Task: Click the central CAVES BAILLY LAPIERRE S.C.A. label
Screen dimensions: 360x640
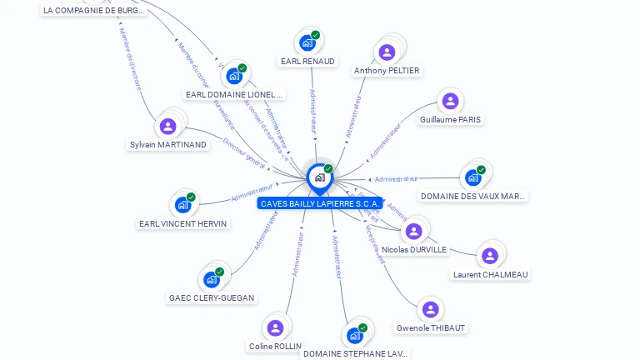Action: coord(320,203)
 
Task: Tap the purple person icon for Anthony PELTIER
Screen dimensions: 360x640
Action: coord(387,52)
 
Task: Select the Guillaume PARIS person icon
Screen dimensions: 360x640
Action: coord(450,102)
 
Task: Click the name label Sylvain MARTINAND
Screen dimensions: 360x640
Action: coord(167,144)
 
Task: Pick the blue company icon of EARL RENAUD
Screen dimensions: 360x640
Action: coord(307,42)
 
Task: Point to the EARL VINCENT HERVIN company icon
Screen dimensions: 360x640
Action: coord(182,205)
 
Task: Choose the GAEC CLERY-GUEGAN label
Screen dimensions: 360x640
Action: coord(212,297)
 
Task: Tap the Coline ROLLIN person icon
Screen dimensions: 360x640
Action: coord(275,327)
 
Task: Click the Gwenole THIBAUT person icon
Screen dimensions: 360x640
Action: coord(430,309)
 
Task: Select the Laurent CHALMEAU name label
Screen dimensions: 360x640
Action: coord(490,274)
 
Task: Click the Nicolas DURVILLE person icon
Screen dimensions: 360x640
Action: coord(414,231)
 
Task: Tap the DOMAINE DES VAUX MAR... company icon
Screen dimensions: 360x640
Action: coord(473,177)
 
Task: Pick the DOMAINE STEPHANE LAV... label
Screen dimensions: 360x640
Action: coord(355,353)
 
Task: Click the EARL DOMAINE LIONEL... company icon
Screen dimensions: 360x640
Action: coord(234,76)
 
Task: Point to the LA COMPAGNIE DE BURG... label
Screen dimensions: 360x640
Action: coord(93,11)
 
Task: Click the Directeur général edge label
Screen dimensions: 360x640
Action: coord(244,155)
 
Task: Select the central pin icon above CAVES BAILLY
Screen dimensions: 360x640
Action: coord(319,177)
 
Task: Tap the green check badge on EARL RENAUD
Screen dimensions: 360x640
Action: coord(316,35)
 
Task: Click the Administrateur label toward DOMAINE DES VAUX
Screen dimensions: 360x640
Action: coord(396,178)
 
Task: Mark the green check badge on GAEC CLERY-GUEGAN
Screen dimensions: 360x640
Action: coord(220,272)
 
